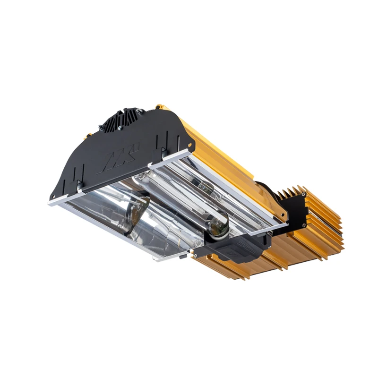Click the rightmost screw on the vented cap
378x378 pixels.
140,112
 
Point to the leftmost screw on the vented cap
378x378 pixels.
100,127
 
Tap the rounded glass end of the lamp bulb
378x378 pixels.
218,229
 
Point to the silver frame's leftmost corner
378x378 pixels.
50,204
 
